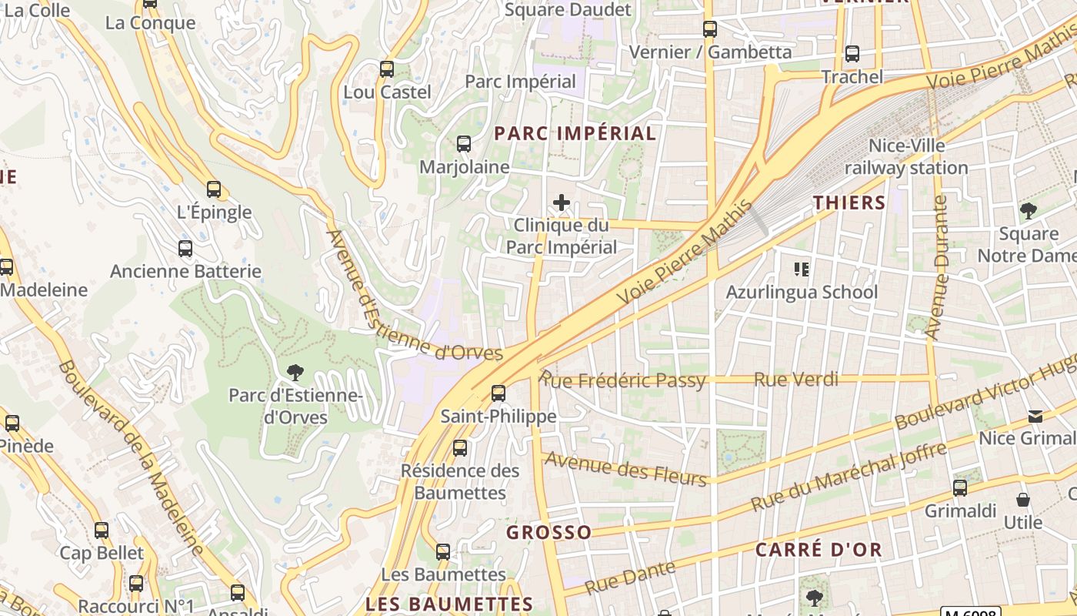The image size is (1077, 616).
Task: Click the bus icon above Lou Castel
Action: (387, 69)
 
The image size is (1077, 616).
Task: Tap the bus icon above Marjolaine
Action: (463, 144)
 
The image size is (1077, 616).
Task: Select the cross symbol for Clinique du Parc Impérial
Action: (562, 203)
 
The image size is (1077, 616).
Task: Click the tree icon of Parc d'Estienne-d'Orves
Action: (295, 373)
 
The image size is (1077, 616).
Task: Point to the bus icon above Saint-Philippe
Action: (498, 393)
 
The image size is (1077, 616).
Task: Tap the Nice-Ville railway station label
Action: (906, 156)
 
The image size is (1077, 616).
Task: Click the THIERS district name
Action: (849, 203)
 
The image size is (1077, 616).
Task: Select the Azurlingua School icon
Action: (802, 269)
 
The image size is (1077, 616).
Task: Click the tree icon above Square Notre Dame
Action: (1028, 210)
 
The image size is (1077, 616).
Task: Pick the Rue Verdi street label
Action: (796, 380)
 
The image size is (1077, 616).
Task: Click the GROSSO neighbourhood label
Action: (549, 532)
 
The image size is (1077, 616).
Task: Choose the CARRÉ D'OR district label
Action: (819, 550)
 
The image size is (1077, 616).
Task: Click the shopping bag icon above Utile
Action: (1023, 500)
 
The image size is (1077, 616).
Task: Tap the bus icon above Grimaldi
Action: (960, 488)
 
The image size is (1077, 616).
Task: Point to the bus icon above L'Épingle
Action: (214, 189)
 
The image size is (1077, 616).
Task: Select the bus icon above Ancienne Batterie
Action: (185, 249)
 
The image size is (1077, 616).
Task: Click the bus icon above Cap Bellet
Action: (102, 531)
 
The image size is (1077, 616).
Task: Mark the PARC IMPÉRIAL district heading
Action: (575, 133)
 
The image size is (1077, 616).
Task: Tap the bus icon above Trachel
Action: (852, 54)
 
